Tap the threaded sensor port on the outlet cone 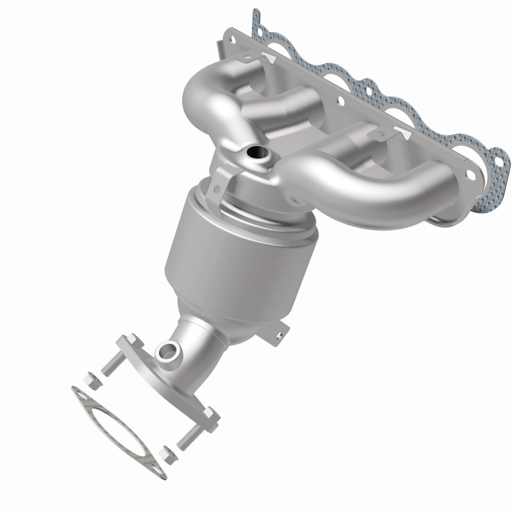(x=169, y=351)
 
